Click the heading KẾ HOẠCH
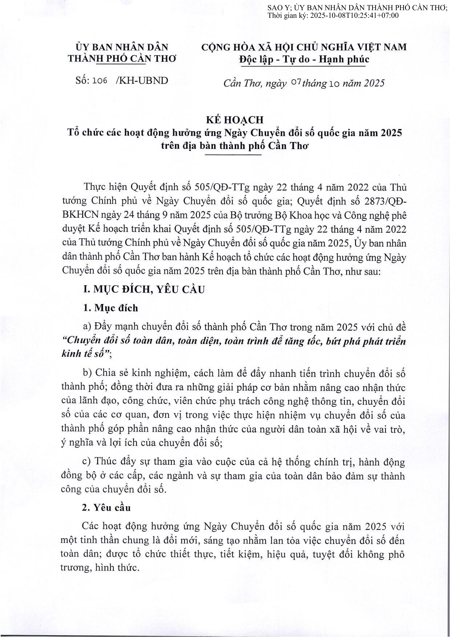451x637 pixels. (x=235, y=120)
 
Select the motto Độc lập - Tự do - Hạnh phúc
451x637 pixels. (x=304, y=59)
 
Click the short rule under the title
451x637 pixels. (x=235, y=154)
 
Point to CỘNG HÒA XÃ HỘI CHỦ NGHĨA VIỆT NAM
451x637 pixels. (x=304, y=47)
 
